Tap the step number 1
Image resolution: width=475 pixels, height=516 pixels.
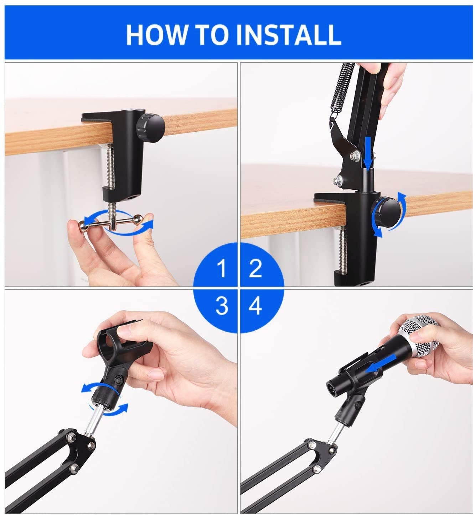[222, 268]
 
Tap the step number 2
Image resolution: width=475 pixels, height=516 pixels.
[255, 268]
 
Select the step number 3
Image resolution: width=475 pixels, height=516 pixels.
[222, 305]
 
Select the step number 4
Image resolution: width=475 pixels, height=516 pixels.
[255, 305]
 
